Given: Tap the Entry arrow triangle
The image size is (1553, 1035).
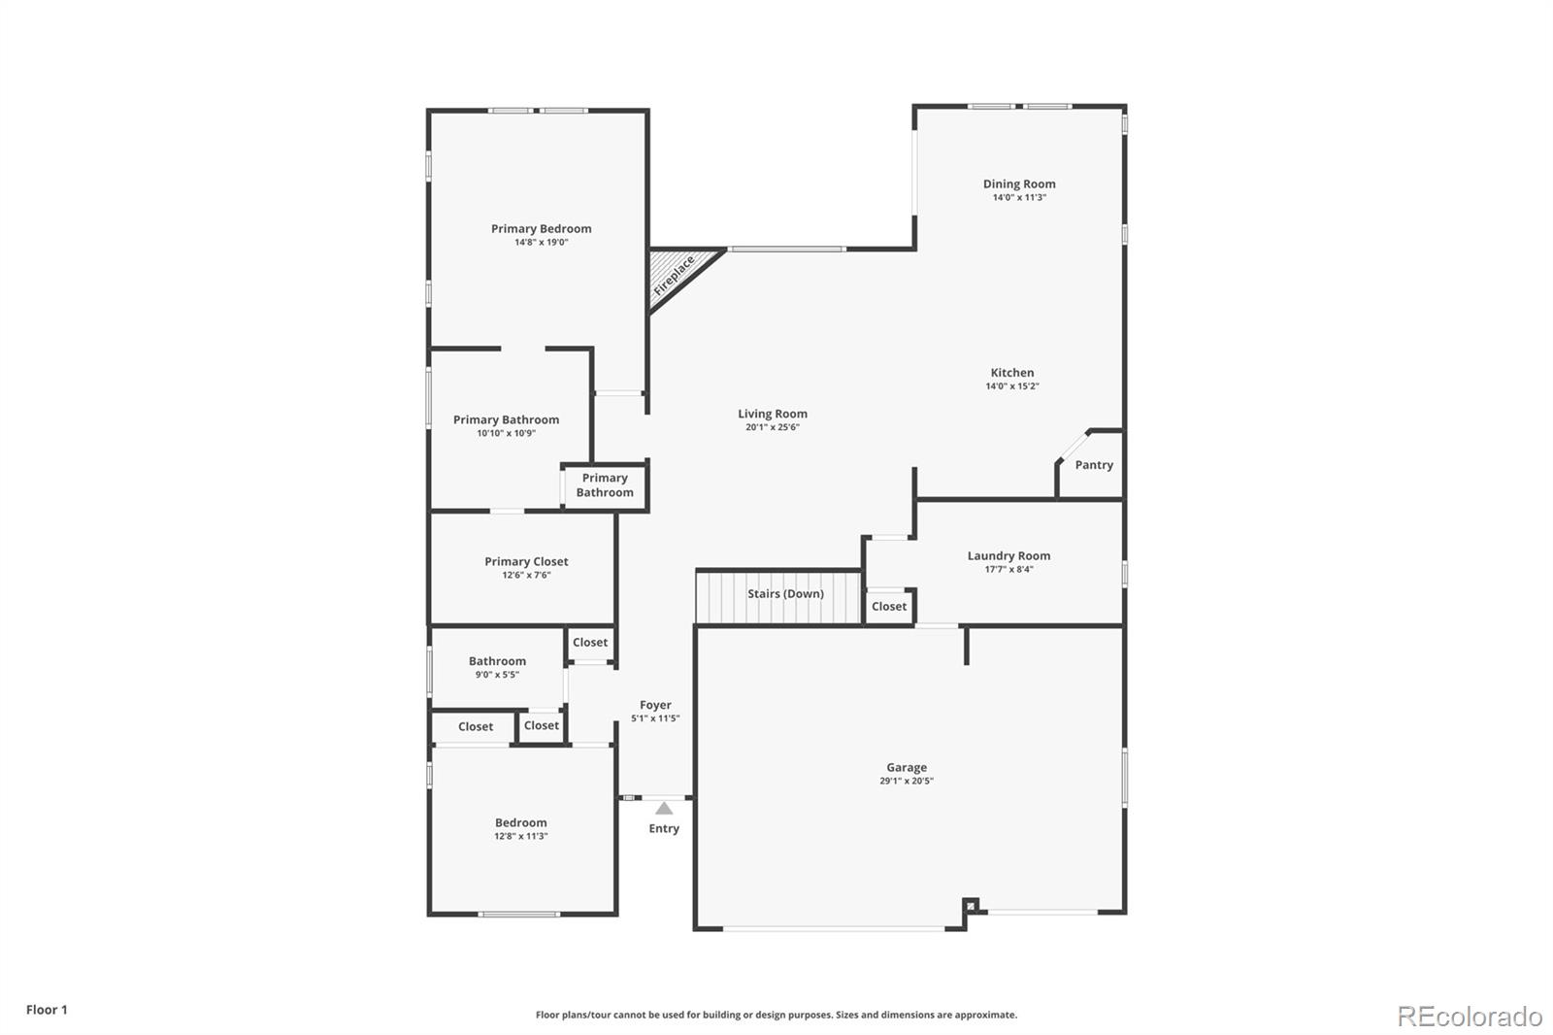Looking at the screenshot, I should (664, 808).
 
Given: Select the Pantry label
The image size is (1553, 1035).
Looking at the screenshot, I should (1094, 465).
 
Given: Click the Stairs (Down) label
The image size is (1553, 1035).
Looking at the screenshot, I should (785, 593).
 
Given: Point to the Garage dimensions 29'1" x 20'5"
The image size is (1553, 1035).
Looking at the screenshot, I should (907, 781).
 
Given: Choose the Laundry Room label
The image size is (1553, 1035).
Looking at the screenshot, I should (1008, 555).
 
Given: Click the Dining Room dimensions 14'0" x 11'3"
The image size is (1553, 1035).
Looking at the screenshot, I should (1019, 197).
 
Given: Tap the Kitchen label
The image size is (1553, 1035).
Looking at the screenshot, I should (1012, 372).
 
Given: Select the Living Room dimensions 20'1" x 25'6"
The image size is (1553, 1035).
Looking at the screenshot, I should (773, 427).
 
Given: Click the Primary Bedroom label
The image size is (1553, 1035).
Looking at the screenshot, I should (541, 228).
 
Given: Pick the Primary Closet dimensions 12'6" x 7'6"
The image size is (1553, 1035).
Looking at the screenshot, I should (526, 575).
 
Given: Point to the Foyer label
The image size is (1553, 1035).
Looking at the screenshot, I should (655, 705).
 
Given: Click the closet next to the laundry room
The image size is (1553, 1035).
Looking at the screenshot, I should (889, 606).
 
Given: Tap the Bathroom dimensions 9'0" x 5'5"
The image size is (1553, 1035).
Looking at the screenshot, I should (497, 675).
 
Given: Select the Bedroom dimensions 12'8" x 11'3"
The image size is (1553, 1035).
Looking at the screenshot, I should (521, 836).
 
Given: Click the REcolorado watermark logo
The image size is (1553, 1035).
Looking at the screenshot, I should (1469, 1017).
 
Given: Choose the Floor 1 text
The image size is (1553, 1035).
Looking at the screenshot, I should (47, 1010).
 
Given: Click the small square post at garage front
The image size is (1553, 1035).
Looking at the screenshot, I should (971, 905).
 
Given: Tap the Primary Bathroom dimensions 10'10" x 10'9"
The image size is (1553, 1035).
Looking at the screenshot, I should (506, 433).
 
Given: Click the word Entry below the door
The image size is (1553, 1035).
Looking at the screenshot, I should (664, 828).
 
